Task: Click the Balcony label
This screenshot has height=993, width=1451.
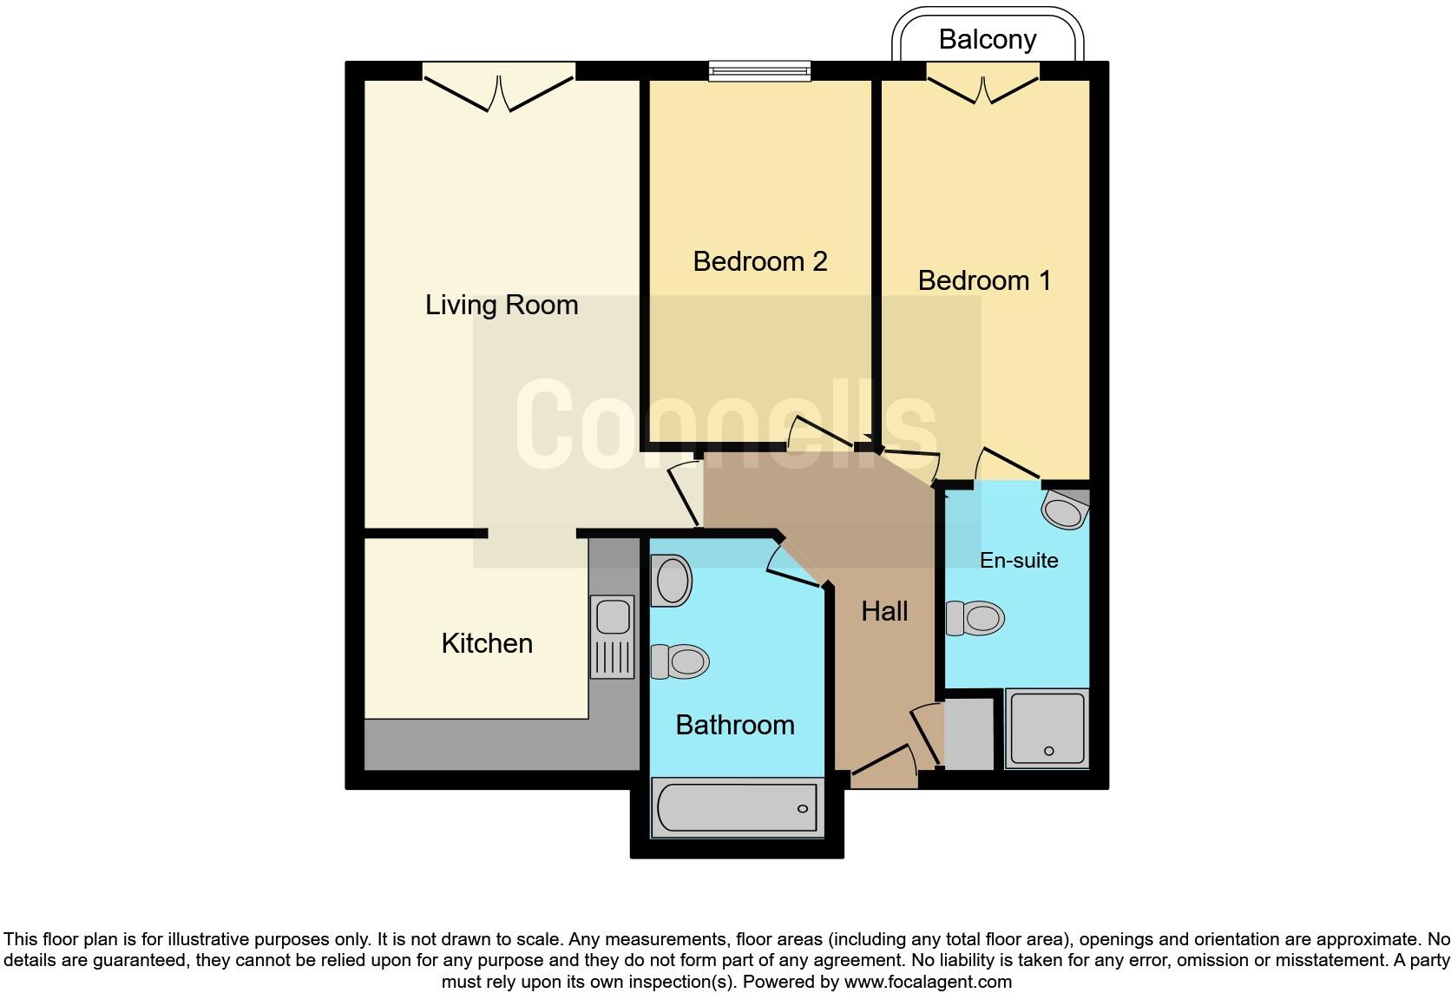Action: pyautogui.click(x=987, y=40)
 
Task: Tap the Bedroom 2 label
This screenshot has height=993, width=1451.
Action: pyautogui.click(x=759, y=261)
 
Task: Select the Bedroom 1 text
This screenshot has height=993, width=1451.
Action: pyautogui.click(x=984, y=280)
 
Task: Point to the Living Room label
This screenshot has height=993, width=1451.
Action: pyautogui.click(x=502, y=305)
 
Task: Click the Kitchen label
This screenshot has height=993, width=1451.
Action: pyautogui.click(x=487, y=643)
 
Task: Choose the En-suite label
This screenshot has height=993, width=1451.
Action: pyautogui.click(x=1019, y=561)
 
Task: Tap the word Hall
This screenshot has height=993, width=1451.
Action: pyautogui.click(x=884, y=611)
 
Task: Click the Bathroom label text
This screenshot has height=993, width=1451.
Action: pyautogui.click(x=735, y=725)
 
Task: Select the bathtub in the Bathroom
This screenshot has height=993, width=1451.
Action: pyautogui.click(x=737, y=808)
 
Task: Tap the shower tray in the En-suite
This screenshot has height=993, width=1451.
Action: pyautogui.click(x=1047, y=729)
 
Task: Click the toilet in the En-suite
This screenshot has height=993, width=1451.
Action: pyautogui.click(x=975, y=619)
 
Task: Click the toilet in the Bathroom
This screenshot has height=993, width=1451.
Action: pyautogui.click(x=680, y=662)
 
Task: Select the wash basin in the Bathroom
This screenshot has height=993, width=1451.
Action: pyautogui.click(x=672, y=580)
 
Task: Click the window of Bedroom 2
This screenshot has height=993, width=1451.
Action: pyautogui.click(x=759, y=71)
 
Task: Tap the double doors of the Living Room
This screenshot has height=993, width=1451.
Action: pyautogui.click(x=499, y=91)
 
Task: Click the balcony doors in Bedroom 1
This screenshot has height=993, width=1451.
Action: pyautogui.click(x=983, y=88)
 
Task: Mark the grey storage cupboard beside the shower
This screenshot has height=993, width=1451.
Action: pyautogui.click(x=968, y=734)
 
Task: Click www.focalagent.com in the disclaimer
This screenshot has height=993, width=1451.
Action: pyautogui.click(x=927, y=982)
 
